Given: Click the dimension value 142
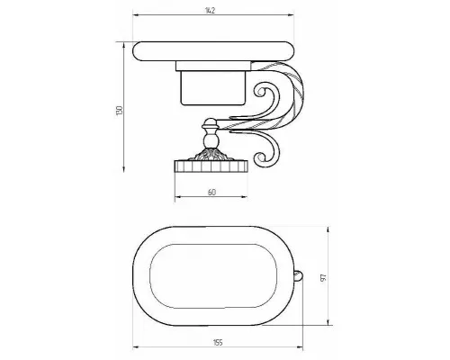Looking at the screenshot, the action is (211, 11).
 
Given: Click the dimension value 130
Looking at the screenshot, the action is (120, 110).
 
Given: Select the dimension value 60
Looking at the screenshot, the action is (211, 193).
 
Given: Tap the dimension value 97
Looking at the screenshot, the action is (323, 278).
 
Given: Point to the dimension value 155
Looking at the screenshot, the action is (218, 342).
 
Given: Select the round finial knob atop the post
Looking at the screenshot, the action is (210, 123).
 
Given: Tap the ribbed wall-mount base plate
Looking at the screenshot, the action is (211, 166).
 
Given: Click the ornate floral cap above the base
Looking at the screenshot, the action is (210, 156).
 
